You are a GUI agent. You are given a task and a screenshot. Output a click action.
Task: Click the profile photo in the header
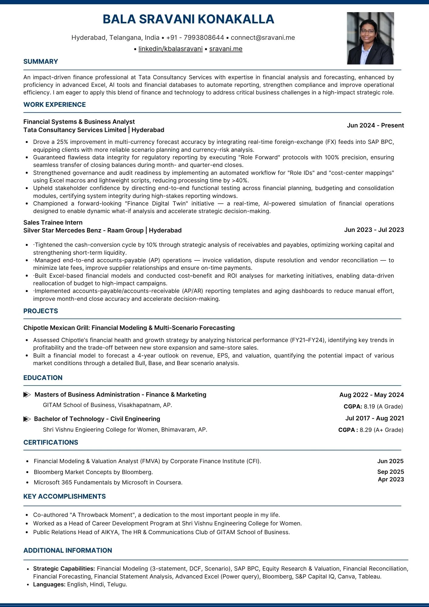370,38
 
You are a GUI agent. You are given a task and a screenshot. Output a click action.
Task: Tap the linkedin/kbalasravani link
170,49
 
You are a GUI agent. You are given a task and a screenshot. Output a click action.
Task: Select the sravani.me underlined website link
226,49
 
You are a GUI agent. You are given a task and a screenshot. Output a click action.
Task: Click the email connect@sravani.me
263,38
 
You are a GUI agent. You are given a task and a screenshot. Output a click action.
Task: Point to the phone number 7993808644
204,38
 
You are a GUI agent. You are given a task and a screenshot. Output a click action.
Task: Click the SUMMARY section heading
41,62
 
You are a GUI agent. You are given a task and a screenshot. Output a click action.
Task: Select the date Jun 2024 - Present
375,125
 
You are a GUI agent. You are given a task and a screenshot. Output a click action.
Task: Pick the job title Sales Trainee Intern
53,222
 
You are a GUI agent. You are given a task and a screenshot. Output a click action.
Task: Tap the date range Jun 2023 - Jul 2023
374,230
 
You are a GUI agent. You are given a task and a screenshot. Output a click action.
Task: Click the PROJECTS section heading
41,311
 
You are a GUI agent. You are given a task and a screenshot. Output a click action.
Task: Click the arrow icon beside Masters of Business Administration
27,395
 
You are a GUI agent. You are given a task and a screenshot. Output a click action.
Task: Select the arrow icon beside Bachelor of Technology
27,419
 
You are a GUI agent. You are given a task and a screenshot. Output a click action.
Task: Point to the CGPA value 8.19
369,407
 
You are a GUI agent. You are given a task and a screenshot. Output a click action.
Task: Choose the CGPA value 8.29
366,430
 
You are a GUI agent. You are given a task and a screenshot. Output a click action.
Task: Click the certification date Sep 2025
390,472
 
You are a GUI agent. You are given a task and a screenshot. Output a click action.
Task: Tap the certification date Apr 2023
391,480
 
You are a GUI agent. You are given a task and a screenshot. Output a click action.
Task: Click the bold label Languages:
49,585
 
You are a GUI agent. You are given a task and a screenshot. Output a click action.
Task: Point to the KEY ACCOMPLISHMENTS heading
65,497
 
